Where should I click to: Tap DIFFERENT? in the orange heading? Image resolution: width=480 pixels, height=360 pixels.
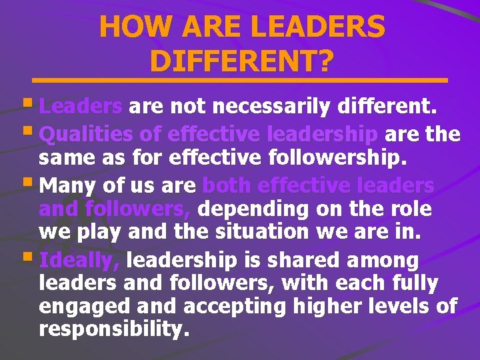point(241,61)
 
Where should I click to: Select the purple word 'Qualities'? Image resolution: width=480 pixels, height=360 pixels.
point(86,135)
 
